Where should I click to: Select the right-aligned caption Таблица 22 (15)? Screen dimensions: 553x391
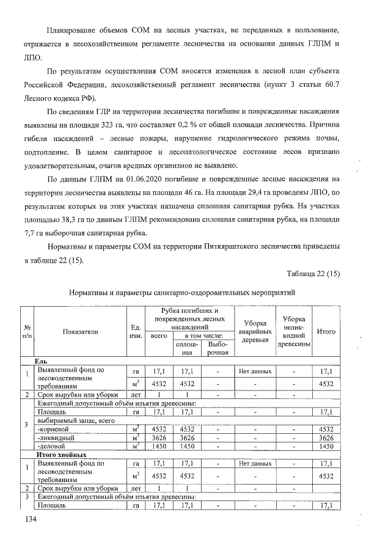pos(312,273)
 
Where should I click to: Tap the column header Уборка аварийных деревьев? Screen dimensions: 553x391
pos(255,331)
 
